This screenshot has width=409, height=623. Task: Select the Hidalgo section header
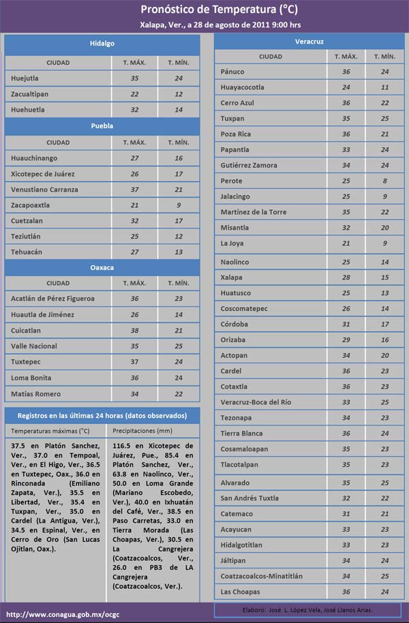pos(102,44)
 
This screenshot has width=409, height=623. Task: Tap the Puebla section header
pos(102,126)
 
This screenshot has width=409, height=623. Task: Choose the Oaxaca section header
pos(102,267)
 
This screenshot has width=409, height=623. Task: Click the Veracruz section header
pos(309,42)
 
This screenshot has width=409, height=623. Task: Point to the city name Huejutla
pos(25,78)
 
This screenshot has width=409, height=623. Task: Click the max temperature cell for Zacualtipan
pos(134,94)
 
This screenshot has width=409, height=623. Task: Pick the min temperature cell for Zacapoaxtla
pos(178,205)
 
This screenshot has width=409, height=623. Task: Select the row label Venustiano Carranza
pos(44,189)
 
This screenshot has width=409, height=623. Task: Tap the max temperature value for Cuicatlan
pos(134,331)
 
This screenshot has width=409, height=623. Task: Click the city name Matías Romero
pos(35,394)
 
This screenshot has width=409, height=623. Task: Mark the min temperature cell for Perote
pos(384,181)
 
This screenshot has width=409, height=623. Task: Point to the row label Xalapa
pos(232,277)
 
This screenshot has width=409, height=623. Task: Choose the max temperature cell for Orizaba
pos(346,339)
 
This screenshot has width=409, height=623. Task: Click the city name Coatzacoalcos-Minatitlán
pos(262,576)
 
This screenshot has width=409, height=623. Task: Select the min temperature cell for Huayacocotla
pos(384,87)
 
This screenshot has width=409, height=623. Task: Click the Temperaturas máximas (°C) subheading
pos(50,431)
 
